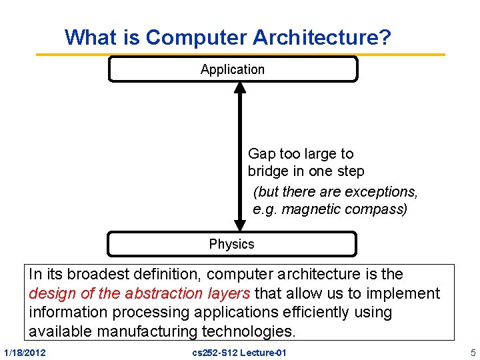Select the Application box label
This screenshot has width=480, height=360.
point(233,69)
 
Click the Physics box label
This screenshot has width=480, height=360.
point(232,244)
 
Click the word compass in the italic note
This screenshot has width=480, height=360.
point(377,209)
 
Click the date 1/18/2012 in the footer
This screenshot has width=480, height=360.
point(25,352)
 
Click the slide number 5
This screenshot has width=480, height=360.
point(473,352)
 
